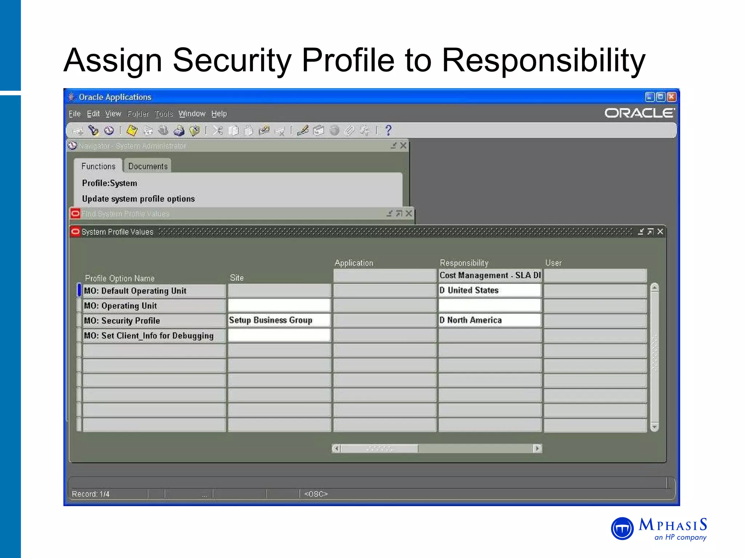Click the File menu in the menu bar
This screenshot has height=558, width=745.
(x=75, y=114)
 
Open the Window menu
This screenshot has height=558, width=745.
(x=192, y=114)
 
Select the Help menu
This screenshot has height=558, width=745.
(x=219, y=114)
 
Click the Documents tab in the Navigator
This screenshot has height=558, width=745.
(x=148, y=166)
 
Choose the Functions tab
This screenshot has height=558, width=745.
(x=98, y=166)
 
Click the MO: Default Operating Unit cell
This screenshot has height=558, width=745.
(x=154, y=291)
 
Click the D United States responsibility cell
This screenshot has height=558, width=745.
(x=489, y=290)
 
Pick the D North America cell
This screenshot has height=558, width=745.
(x=489, y=320)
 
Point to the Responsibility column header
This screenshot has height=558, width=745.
(x=464, y=263)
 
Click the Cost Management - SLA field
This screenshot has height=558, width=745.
(x=490, y=275)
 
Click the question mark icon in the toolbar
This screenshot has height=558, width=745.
(x=389, y=130)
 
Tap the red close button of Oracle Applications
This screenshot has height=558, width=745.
(x=672, y=97)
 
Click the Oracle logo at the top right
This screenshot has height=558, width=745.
(x=639, y=113)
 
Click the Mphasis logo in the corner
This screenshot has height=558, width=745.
(x=659, y=529)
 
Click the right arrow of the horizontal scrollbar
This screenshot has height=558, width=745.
(x=537, y=449)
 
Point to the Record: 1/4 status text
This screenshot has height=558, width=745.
(x=91, y=494)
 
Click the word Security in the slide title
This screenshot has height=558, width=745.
(x=232, y=60)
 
